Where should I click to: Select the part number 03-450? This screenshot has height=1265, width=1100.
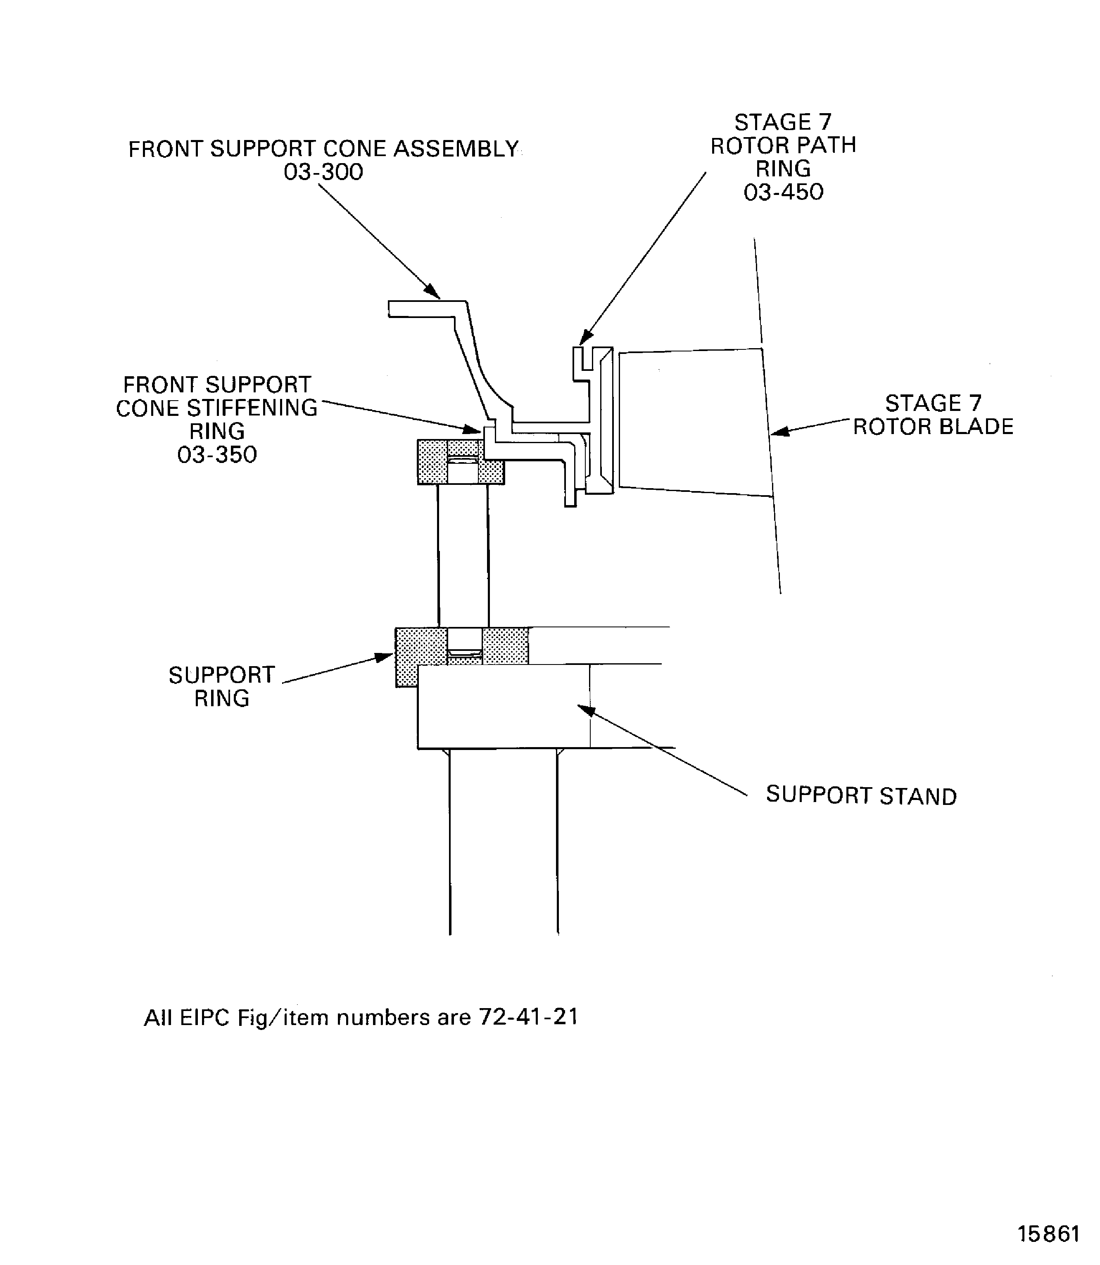[783, 192]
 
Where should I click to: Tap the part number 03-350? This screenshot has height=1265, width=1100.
[217, 455]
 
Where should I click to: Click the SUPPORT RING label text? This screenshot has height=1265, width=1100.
[221, 686]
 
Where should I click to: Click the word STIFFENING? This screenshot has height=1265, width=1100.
[252, 408]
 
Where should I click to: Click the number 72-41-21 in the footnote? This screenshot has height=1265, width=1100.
[528, 1017]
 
